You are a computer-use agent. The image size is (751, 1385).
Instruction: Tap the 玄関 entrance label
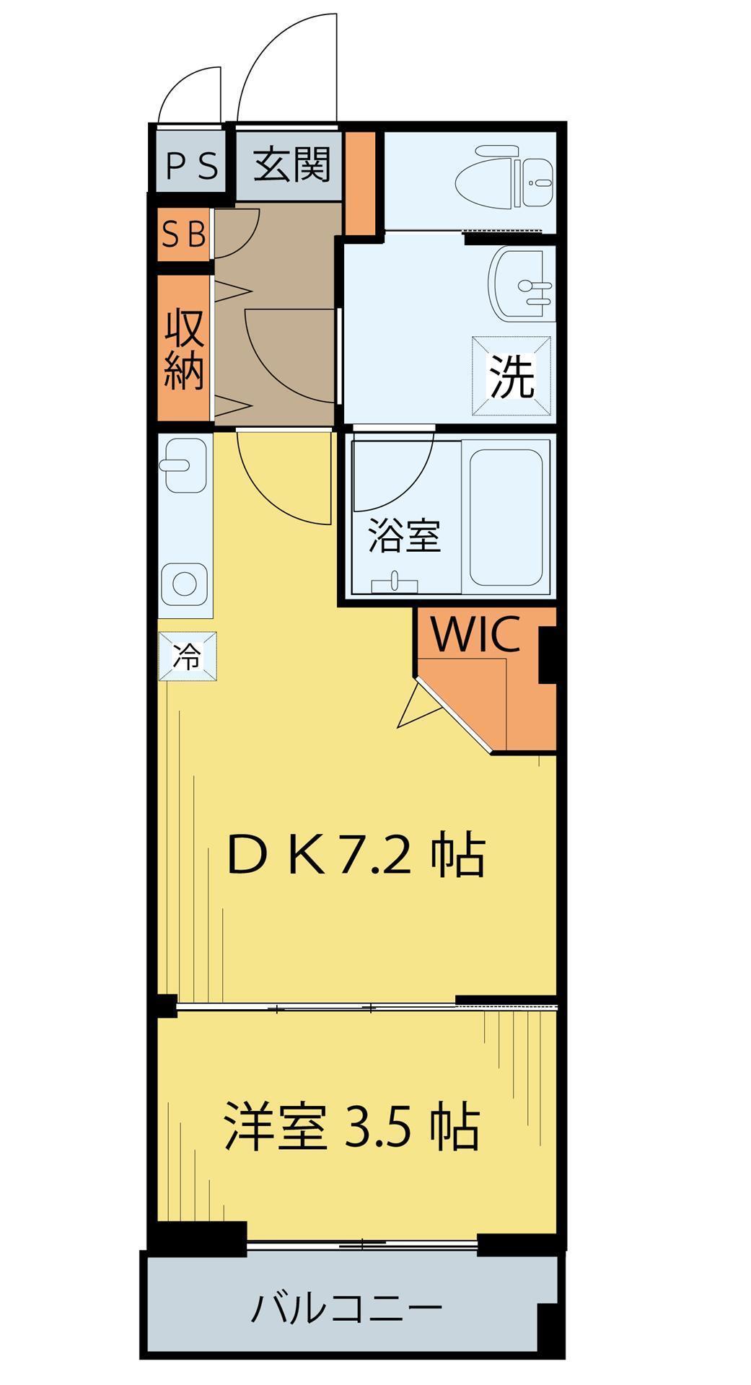(x=292, y=164)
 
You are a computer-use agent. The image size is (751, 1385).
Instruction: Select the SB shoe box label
(x=184, y=234)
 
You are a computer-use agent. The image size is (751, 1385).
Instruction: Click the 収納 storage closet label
(x=184, y=350)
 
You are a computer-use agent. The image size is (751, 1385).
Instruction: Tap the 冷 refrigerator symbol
(x=188, y=656)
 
